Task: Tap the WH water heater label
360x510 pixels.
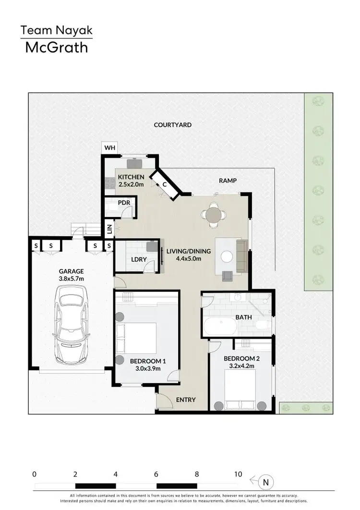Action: [x=110, y=148]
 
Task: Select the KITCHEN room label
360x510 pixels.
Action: [x=132, y=177]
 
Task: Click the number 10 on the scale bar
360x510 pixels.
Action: [x=238, y=474]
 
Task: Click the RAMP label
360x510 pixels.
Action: [x=228, y=181]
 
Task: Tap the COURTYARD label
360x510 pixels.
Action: [x=172, y=125]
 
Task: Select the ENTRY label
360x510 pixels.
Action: [x=185, y=400]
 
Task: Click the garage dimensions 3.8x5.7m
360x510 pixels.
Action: [x=71, y=279]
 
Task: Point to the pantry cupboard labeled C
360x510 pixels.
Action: [x=164, y=184]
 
